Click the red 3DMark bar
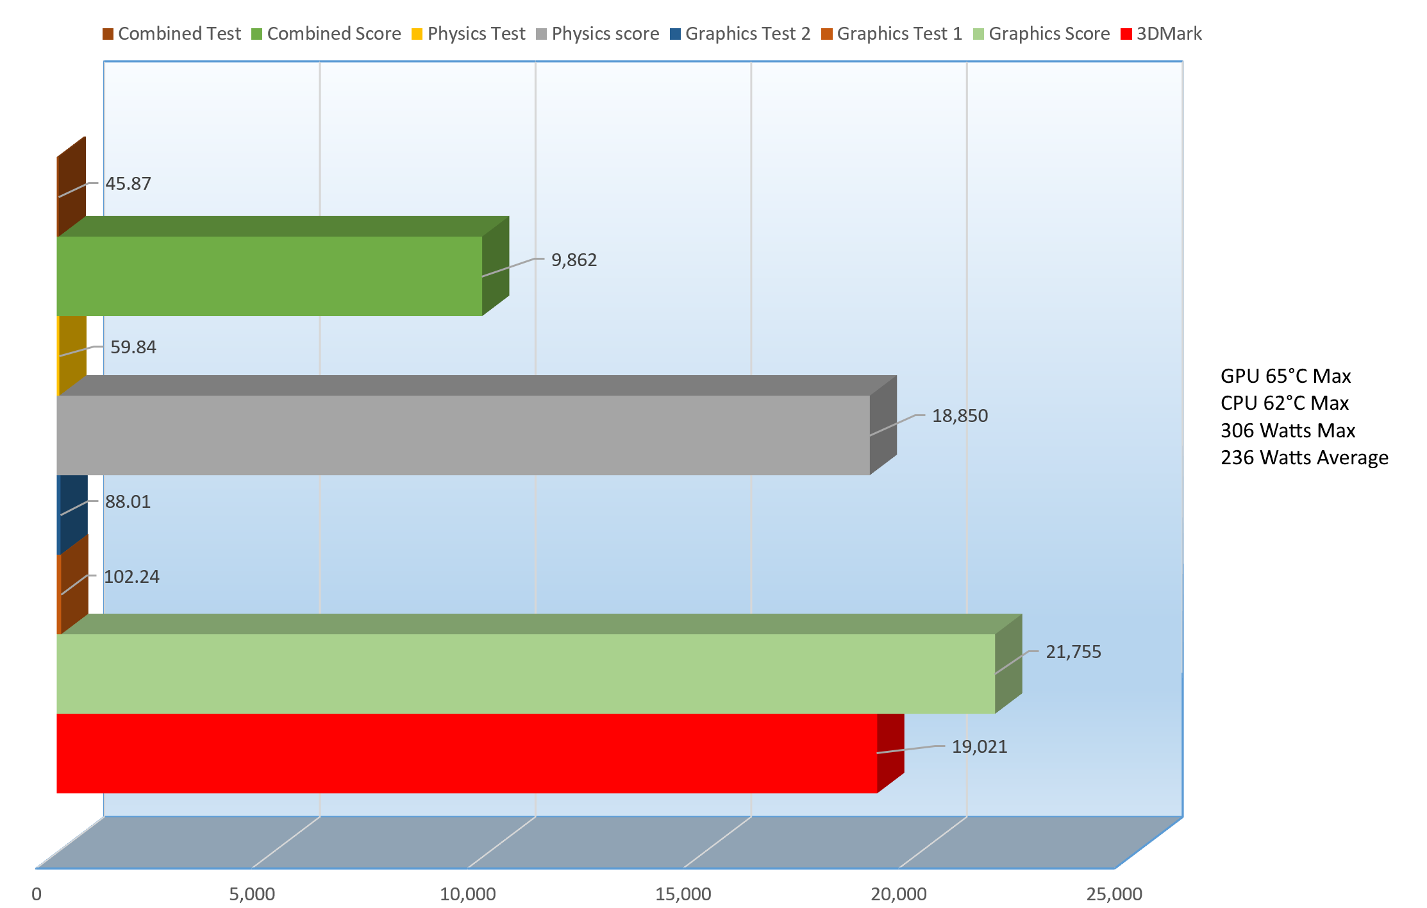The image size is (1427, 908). [x=467, y=753]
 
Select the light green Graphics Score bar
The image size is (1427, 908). [x=526, y=673]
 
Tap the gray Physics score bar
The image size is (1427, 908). [x=463, y=435]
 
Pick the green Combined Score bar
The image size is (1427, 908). [x=269, y=276]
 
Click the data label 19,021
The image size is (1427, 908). [x=979, y=747]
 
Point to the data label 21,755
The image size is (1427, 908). [x=1073, y=652]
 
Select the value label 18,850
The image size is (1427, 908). [x=960, y=416]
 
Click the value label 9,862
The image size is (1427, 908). [x=574, y=260]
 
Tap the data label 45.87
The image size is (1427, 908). [x=128, y=184]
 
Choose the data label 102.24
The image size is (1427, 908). [x=131, y=577]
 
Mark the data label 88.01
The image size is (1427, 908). [x=128, y=502]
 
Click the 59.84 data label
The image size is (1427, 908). [x=133, y=348]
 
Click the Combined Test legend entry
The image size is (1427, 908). [x=172, y=34]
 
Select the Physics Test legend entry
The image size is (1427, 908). [x=468, y=34]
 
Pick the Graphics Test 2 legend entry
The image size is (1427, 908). [x=740, y=34]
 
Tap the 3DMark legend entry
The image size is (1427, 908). [x=1161, y=34]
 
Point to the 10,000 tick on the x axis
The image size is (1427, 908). [x=467, y=894]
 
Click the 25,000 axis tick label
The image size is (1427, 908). [x=1114, y=894]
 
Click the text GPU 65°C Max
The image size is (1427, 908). [x=1285, y=376]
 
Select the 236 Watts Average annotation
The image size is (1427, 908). [x=1304, y=458]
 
